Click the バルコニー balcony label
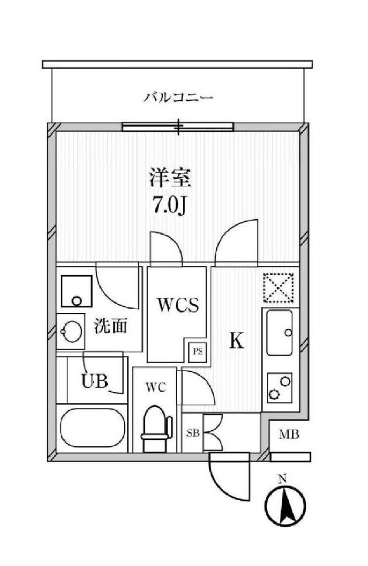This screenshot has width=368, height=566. [178, 98]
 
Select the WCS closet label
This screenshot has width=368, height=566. [178, 306]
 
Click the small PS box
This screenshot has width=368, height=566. [197, 351]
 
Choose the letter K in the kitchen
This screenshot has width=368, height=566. [236, 341]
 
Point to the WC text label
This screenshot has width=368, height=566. [154, 388]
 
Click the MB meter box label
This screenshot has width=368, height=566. [289, 435]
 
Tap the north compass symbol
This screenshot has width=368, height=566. [285, 506]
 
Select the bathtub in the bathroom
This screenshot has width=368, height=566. [92, 428]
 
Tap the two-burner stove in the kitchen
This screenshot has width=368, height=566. [278, 387]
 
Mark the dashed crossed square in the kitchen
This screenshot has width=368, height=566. [278, 288]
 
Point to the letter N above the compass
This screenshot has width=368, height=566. [282, 478]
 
